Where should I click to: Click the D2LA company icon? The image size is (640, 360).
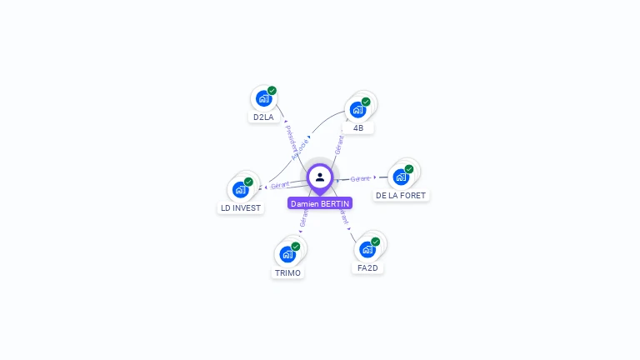(x=264, y=98)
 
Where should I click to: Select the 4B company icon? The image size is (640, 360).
(x=358, y=109)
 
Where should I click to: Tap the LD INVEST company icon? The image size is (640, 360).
(x=241, y=189)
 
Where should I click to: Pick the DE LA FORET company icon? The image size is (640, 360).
(x=401, y=177)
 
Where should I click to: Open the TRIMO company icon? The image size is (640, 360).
(x=287, y=253)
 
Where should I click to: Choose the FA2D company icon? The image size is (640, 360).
(x=367, y=249)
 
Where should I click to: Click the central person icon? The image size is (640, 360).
(x=320, y=177)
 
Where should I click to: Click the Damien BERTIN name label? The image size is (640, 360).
(x=320, y=203)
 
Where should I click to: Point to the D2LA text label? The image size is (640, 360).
(x=263, y=117)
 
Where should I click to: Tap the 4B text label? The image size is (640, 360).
(x=358, y=128)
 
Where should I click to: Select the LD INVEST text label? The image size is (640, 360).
(x=241, y=208)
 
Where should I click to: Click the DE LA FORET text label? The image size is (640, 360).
(x=401, y=196)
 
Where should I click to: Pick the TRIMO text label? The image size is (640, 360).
(x=287, y=272)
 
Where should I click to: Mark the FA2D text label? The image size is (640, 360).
(x=367, y=268)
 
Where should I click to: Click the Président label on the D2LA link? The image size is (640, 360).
(x=287, y=134)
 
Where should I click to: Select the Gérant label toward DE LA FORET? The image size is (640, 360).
(x=360, y=178)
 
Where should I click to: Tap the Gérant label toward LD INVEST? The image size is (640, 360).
(x=280, y=185)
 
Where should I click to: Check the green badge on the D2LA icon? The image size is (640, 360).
(x=272, y=91)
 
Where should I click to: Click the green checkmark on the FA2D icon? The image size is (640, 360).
(x=375, y=242)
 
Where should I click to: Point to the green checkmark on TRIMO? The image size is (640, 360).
(x=295, y=247)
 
